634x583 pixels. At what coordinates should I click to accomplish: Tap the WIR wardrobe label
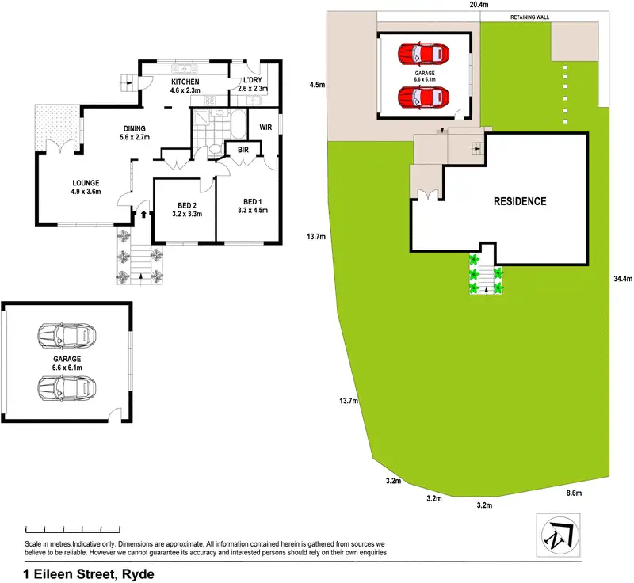pos(266,125)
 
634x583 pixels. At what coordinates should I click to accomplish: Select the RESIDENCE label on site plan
pos(520,201)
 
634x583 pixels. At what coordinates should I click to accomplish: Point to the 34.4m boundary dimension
pos(622,279)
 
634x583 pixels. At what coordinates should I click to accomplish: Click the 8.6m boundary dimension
pos(575,493)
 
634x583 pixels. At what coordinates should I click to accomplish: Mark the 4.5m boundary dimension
pos(318,84)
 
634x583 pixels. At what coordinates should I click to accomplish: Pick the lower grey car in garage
pos(67,387)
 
